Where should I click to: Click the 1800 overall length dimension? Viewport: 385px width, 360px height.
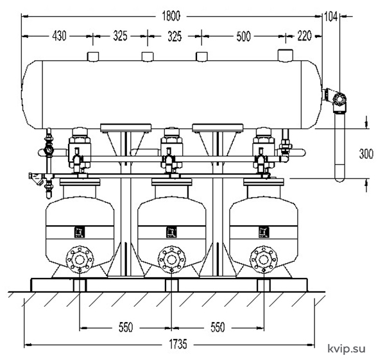pos(171,16)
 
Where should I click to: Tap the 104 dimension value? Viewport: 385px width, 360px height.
pos(330,17)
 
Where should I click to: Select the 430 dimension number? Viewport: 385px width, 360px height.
pos(59,36)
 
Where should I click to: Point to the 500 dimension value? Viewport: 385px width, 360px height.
pos(243,37)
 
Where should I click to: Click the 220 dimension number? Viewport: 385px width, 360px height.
pos(304,36)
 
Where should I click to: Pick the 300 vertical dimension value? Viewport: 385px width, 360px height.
pos(366,154)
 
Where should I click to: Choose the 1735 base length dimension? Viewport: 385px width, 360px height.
pos(178,344)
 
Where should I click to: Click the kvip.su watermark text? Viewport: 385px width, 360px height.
pos(346,348)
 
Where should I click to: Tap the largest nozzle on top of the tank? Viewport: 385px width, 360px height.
pos(286,55)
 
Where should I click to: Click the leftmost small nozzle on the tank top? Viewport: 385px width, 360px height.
pos(93,56)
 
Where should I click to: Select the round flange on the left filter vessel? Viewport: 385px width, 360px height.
pos(80,259)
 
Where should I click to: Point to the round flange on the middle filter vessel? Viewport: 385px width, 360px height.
pos(171,259)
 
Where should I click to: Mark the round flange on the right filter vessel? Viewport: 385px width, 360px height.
pos(264,259)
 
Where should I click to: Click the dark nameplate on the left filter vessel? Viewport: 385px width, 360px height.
pos(80,232)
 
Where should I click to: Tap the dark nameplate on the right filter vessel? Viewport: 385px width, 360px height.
pos(264,232)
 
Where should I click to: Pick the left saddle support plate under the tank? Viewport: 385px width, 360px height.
pos(126,128)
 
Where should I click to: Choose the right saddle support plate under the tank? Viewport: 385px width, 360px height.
pos(218,128)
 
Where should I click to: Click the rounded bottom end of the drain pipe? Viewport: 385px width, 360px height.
pos(340,179)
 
